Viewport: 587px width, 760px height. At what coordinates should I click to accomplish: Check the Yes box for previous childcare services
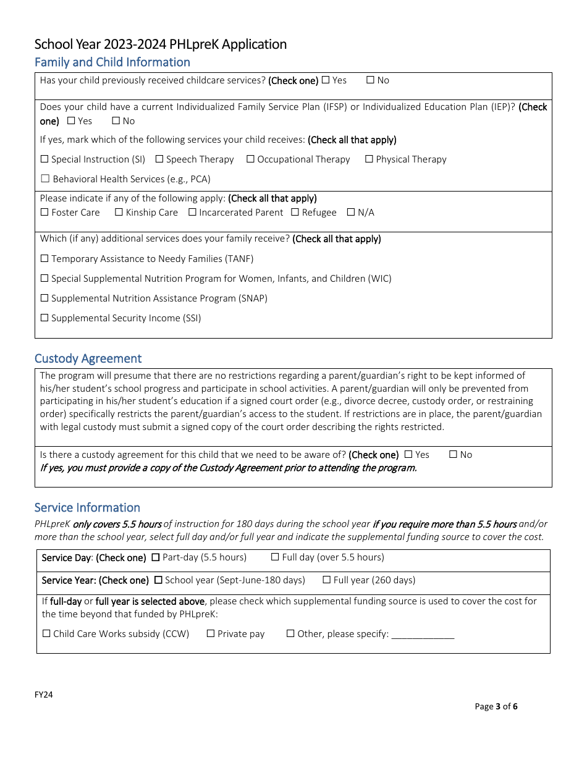pyautogui.click(x=326, y=80)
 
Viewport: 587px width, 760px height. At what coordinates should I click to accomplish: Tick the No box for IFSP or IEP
pyautogui.click(x=116, y=121)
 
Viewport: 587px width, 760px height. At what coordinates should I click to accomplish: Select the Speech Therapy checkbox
pyautogui.click(x=159, y=159)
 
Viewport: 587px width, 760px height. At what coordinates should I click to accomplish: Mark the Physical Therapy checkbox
pyautogui.click(x=369, y=159)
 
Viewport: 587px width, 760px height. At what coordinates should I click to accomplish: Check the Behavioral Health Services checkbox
pyautogui.click(x=44, y=179)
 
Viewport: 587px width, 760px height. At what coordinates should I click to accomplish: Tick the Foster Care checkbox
pyautogui.click(x=44, y=213)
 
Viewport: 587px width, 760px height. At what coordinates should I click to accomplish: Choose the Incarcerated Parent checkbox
pyautogui.click(x=192, y=213)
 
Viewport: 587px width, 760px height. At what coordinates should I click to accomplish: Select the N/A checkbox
pyautogui.click(x=351, y=213)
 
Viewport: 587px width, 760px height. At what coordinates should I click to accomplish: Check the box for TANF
pyautogui.click(x=44, y=259)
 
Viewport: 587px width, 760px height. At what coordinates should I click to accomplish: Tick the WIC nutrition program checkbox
pyautogui.click(x=44, y=279)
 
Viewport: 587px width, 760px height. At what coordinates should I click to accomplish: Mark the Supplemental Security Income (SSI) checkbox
pyautogui.click(x=44, y=318)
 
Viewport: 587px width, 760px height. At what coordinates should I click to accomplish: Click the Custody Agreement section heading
pyautogui.click(x=88, y=358)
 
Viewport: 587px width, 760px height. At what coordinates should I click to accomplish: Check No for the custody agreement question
pyautogui.click(x=453, y=455)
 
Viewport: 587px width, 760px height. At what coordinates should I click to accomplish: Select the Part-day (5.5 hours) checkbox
pyautogui.click(x=156, y=557)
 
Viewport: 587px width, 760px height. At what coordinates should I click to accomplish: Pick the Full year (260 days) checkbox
pyautogui.click(x=327, y=580)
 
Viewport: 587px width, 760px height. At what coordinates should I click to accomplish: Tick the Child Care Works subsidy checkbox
pyautogui.click(x=46, y=634)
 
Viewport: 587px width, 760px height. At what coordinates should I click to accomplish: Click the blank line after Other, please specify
pyautogui.click(x=423, y=635)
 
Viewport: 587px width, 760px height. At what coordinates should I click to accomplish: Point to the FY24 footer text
pyautogui.click(x=43, y=695)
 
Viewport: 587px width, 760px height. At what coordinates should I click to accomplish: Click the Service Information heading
pyautogui.click(x=87, y=507)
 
